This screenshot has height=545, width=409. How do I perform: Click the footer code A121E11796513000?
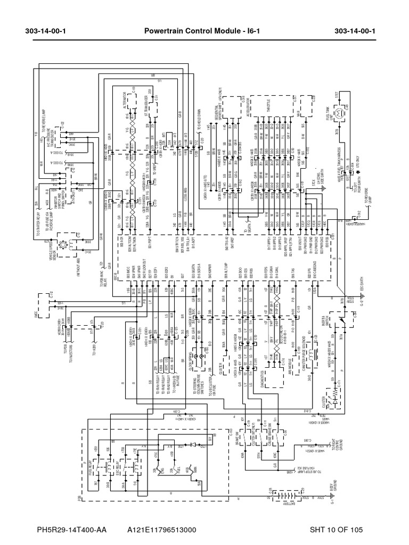pos(162,530)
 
